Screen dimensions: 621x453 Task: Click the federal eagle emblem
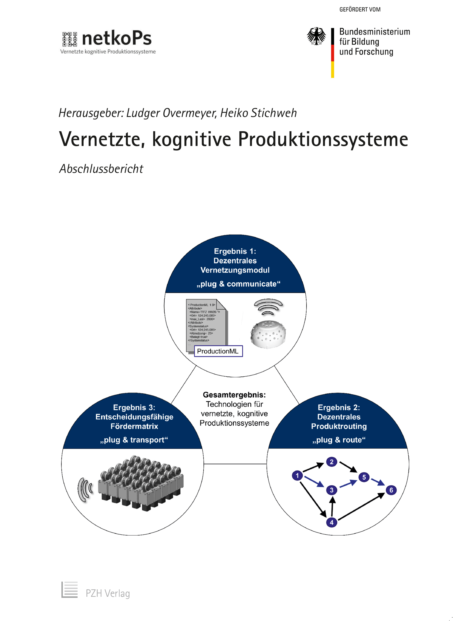pyautogui.click(x=316, y=36)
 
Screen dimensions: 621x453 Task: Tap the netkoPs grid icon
pyautogui.click(x=69, y=39)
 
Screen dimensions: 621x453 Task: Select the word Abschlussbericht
pyautogui.click(x=101, y=169)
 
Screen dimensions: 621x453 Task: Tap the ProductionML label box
pyautogui.click(x=218, y=351)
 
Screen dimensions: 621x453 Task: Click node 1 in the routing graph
pyautogui.click(x=297, y=475)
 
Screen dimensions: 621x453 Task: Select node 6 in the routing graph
pyautogui.click(x=391, y=490)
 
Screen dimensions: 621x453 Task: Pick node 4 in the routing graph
pyautogui.click(x=331, y=522)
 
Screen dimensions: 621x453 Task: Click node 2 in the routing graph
pyautogui.click(x=331, y=462)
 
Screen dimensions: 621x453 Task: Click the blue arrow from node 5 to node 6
pyautogui.click(x=378, y=482)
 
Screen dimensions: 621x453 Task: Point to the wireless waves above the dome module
pyautogui.click(x=268, y=307)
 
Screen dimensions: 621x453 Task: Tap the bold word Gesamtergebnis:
pyautogui.click(x=234, y=395)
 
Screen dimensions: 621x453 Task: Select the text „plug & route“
pyautogui.click(x=339, y=440)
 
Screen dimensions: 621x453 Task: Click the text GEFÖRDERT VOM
pyautogui.click(x=360, y=10)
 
